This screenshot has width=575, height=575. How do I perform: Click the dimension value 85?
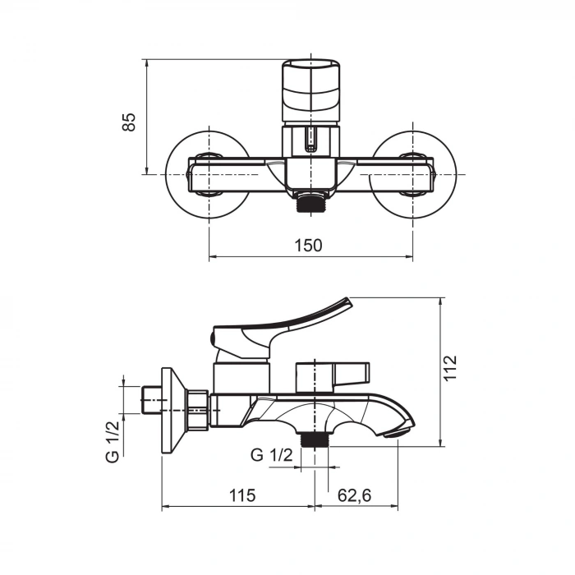128,121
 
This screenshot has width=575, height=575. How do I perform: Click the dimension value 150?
310,245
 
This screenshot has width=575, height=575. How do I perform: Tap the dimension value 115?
242,495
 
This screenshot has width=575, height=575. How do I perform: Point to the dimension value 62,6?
355,495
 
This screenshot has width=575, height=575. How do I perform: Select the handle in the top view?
310,90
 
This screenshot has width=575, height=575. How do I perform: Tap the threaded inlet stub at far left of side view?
151,400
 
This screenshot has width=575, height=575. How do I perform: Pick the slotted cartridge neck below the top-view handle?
310,140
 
